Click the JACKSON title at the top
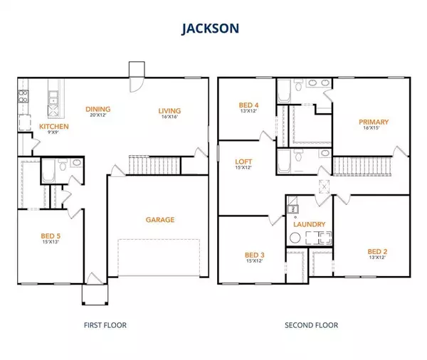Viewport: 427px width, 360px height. click(x=210, y=28)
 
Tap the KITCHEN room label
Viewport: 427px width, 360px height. click(x=54, y=127)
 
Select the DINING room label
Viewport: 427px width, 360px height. click(x=98, y=109)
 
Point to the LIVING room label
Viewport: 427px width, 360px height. click(x=169, y=111)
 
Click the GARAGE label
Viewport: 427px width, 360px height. click(x=160, y=220)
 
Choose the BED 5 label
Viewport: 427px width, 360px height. click(x=51, y=235)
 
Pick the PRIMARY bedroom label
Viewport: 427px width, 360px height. click(x=374, y=122)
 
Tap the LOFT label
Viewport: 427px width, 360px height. click(x=243, y=162)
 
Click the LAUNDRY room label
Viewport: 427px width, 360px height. click(x=310, y=224)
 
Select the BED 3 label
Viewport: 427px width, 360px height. click(x=255, y=255)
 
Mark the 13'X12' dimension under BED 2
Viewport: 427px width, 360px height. click(x=377, y=258)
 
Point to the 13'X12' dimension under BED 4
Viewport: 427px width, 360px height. click(x=248, y=111)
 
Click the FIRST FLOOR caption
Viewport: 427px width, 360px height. click(x=105, y=325)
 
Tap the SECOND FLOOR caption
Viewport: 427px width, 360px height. click(x=311, y=325)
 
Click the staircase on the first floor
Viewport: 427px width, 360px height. click(x=154, y=165)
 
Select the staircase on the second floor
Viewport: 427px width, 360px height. click(x=362, y=166)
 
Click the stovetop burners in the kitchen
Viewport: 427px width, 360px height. click(x=23, y=96)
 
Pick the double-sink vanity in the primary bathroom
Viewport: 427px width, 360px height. click(x=319, y=83)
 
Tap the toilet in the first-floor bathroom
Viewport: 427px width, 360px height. click(x=63, y=165)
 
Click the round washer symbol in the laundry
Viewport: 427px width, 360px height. click(x=295, y=238)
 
